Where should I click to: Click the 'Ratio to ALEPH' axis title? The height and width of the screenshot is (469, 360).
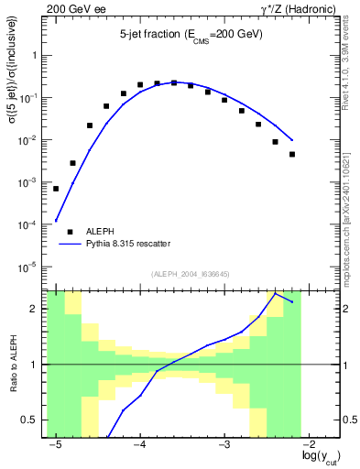pos(17,364)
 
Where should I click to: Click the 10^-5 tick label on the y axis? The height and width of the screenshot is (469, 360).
pos(33,267)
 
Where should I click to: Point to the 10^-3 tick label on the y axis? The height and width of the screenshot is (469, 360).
pos(33,182)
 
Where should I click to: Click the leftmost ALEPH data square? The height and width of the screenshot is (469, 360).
pos(56,189)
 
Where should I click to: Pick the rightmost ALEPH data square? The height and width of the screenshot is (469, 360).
pos(292,154)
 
